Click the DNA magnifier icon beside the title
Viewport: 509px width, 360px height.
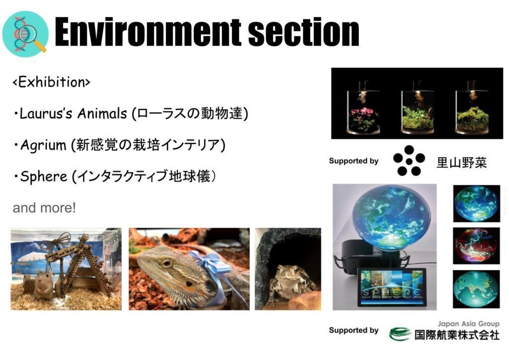click(x=25, y=34)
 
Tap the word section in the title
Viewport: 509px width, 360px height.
click(x=304, y=32)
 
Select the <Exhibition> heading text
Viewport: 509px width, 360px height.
click(x=51, y=82)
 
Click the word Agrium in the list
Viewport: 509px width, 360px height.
click(x=43, y=145)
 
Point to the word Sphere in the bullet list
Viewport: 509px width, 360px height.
click(x=44, y=177)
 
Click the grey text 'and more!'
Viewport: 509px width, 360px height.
click(x=44, y=208)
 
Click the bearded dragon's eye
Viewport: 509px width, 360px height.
click(x=167, y=263)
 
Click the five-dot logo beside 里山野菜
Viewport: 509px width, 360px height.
click(x=409, y=161)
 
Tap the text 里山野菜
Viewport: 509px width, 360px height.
click(x=462, y=162)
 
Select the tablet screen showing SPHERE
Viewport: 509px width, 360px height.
click(x=392, y=287)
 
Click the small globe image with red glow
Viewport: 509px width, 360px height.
click(x=476, y=246)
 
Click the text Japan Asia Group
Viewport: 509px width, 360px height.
click(x=468, y=324)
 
